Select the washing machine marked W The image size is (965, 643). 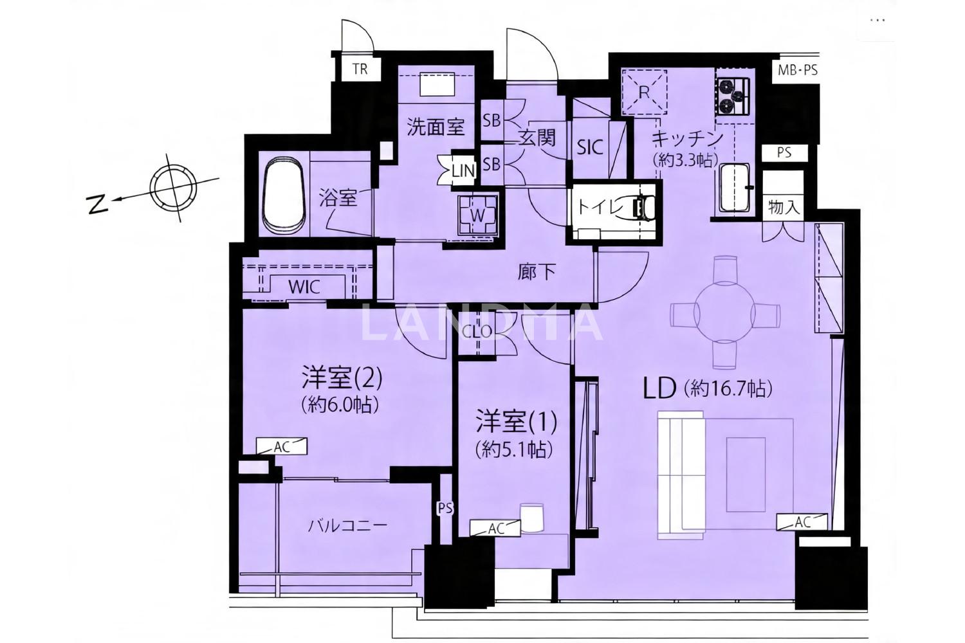[478, 215]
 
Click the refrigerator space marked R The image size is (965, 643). [644, 91]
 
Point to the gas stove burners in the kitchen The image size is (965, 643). [733, 96]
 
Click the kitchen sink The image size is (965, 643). [735, 188]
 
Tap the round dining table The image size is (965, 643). [726, 312]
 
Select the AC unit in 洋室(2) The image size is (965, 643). [282, 447]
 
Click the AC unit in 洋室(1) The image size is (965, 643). [495, 528]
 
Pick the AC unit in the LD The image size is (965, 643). [802, 521]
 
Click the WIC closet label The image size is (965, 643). [304, 287]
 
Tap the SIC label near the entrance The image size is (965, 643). [590, 147]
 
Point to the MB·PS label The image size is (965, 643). [798, 70]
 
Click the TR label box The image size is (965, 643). [360, 69]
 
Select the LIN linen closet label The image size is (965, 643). [463, 171]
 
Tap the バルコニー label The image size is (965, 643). [347, 526]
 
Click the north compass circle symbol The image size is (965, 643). [173, 188]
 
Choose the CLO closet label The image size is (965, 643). [477, 331]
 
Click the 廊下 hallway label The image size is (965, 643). [537, 272]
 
